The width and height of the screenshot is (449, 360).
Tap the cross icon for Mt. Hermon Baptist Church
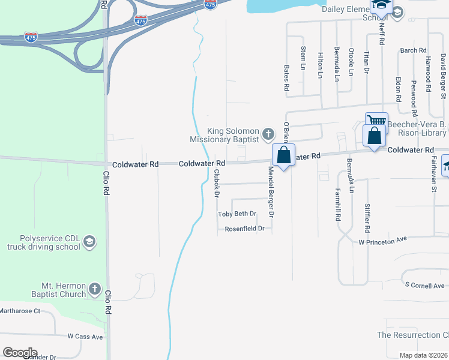(x=95, y=290)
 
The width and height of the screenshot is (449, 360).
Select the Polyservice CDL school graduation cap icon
(x=89, y=242)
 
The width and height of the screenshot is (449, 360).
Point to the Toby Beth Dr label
(x=237, y=214)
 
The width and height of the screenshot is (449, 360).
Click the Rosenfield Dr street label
(x=244, y=229)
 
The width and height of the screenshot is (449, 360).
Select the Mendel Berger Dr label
(x=271, y=192)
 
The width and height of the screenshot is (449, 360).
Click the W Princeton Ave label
(x=382, y=239)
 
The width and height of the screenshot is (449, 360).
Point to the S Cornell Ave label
(x=424, y=285)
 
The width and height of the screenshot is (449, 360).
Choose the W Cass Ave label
(x=85, y=337)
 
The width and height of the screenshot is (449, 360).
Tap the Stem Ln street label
(x=303, y=58)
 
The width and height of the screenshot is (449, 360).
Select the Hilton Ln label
(x=321, y=62)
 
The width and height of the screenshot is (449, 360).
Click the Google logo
(x=20, y=353)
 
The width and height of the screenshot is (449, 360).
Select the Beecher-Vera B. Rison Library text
(x=417, y=128)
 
